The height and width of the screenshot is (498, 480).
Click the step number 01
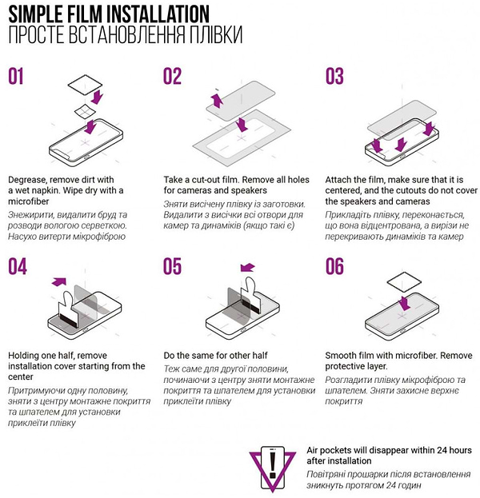(x=16, y=76)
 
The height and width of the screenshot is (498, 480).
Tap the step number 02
(x=172, y=76)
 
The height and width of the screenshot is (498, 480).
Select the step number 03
(x=334, y=76)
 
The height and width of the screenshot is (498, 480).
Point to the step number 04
(x=18, y=266)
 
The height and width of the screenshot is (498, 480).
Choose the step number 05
(x=172, y=266)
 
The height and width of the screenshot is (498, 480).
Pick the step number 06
(x=334, y=266)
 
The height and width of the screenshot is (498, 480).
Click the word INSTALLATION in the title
(x=158, y=14)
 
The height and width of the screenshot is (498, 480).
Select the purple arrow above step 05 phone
(x=248, y=268)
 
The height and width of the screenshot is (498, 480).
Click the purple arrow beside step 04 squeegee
(x=59, y=281)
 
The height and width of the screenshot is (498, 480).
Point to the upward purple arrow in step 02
(x=218, y=100)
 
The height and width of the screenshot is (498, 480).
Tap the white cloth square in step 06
(x=404, y=281)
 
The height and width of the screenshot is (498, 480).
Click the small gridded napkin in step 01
(x=85, y=111)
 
